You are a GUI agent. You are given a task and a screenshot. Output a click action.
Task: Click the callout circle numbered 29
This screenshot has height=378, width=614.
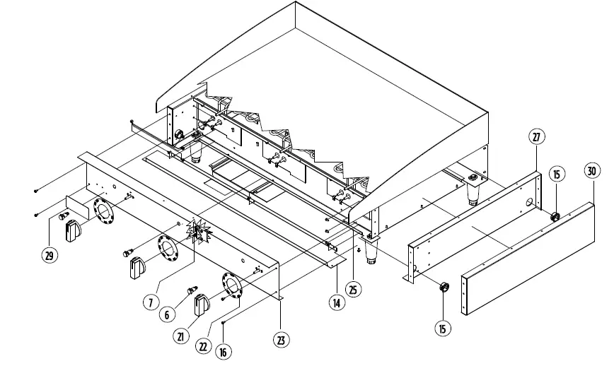click(49, 256)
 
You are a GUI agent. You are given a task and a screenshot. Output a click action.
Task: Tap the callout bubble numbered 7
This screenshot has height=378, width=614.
click(150, 302)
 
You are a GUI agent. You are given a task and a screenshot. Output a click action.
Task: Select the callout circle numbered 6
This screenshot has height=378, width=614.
click(167, 314)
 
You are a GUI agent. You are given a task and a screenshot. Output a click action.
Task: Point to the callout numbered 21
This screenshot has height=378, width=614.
click(181, 336)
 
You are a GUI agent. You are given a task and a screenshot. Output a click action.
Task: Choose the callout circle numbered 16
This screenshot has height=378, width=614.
click(224, 351)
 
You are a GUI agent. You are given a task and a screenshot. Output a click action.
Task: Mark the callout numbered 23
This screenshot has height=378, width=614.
click(282, 339)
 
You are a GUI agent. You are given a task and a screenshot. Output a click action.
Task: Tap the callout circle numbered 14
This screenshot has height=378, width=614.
click(336, 302)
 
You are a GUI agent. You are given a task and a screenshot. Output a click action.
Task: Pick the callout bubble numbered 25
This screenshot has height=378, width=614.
click(353, 288)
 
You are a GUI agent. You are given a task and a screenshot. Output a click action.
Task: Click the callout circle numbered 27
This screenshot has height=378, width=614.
click(536, 137)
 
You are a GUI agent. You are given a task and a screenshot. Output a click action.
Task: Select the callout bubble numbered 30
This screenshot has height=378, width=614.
click(593, 170)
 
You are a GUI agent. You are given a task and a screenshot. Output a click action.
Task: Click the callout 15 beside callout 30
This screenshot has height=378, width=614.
click(557, 174)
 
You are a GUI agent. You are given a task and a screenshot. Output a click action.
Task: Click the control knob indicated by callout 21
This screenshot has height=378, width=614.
click(202, 303)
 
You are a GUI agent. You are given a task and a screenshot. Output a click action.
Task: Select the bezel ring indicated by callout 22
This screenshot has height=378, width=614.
click(231, 284)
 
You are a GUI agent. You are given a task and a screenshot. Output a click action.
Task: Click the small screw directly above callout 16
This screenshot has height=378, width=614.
click(224, 321)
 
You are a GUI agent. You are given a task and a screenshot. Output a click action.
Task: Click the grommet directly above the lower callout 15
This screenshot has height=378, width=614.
click(444, 286)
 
